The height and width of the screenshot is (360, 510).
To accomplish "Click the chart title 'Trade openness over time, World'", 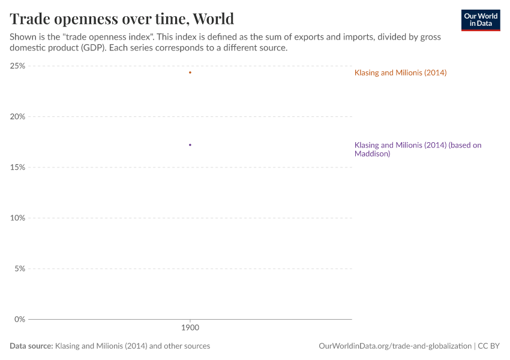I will point(122,19).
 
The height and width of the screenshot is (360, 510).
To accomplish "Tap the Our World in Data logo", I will point(480,19).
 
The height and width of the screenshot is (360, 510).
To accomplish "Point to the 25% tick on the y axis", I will point(17,66).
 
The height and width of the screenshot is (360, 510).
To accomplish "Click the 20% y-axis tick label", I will point(17,116).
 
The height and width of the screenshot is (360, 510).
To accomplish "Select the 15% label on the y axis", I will point(17,167).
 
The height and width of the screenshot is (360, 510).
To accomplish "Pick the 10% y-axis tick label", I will point(17,218).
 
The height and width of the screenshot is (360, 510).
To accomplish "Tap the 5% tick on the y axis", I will point(19,268).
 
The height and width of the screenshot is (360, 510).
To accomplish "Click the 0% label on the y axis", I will point(19,319).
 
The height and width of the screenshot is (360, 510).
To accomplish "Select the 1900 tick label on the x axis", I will point(190,328).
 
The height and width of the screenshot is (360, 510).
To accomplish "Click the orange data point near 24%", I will point(190,73).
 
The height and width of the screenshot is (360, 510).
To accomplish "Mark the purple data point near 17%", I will point(190,145).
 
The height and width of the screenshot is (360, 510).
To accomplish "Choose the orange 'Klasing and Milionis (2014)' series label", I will point(400,73).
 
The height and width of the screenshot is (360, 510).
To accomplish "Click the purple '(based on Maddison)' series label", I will point(418,149).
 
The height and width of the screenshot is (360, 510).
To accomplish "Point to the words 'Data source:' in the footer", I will point(31,346).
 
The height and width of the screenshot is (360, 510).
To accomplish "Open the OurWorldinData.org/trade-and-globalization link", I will point(395,346).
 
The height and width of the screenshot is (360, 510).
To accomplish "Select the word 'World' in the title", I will point(214,19).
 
